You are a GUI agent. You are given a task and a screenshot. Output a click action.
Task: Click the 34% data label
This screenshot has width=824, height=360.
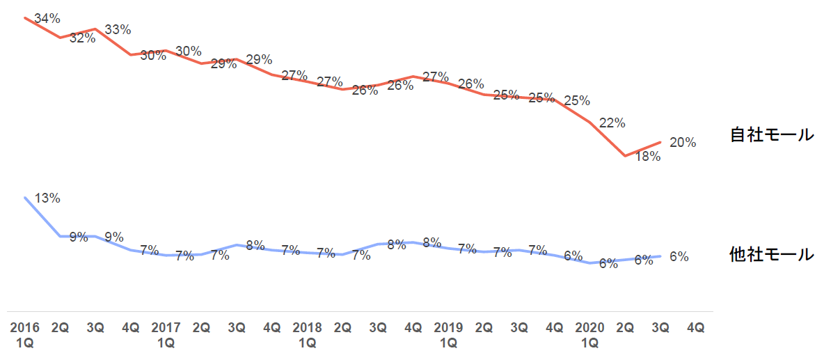[47, 19]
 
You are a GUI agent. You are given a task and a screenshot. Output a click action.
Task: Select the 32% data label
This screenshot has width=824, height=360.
[83, 38]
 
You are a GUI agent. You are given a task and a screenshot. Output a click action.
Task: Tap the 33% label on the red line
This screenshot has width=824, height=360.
[118, 30]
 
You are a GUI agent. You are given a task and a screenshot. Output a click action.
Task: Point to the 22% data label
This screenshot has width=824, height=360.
[612, 123]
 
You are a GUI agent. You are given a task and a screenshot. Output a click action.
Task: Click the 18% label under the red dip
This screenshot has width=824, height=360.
[647, 157]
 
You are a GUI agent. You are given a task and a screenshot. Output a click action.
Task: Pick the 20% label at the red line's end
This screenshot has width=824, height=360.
[682, 143]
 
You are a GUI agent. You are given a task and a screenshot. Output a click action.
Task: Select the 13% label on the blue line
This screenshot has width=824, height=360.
[47, 198]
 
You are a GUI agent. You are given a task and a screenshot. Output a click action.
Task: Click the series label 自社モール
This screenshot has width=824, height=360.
[772, 134]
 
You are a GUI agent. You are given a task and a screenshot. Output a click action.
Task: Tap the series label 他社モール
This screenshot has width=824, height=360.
[772, 255]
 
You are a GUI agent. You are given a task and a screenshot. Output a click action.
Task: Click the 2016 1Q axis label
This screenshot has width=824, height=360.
[25, 335]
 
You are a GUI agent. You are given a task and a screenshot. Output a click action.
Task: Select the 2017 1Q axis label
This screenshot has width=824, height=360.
[166, 335]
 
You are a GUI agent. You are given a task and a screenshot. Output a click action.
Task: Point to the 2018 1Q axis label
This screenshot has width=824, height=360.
[307, 335]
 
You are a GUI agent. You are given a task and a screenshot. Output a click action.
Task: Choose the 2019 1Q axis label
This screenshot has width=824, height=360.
[448, 335]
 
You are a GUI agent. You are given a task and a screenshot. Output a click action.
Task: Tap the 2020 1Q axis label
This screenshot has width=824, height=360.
[589, 335]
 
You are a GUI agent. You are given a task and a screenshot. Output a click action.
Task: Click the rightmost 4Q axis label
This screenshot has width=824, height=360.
[695, 327]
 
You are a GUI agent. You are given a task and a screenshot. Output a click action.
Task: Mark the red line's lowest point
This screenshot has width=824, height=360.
[625, 156]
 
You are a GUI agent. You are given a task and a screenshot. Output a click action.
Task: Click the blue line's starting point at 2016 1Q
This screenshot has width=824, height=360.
[25, 197]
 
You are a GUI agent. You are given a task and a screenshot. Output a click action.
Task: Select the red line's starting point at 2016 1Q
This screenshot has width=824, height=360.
[25, 17]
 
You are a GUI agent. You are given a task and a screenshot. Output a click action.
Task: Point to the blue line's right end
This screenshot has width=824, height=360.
[660, 256]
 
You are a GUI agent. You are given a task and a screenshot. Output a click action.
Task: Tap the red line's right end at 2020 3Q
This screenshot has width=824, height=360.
[660, 142]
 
